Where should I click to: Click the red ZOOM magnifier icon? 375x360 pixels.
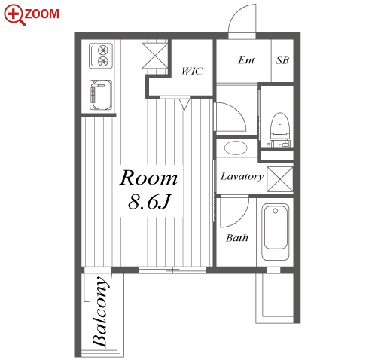point(14,14)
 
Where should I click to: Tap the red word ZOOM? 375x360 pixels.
point(42,14)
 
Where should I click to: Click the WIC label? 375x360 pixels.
point(192,71)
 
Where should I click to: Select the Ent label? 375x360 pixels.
point(246,60)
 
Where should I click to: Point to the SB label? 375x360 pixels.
point(282,60)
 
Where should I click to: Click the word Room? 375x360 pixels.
point(148,178)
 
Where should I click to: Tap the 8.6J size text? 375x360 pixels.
point(149,202)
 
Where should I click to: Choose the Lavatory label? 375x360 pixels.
point(242,177)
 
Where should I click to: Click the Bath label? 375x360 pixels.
point(237,238)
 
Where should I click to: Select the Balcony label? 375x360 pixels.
point(101,312)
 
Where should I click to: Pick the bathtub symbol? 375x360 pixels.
point(275,232)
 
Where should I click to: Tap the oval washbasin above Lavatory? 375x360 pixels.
point(236,148)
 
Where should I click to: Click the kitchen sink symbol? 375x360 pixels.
point(101,95)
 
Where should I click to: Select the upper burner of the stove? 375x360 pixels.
point(103,50)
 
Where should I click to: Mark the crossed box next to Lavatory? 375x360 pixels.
point(280,179)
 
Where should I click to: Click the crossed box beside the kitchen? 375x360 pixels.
point(154,56)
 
